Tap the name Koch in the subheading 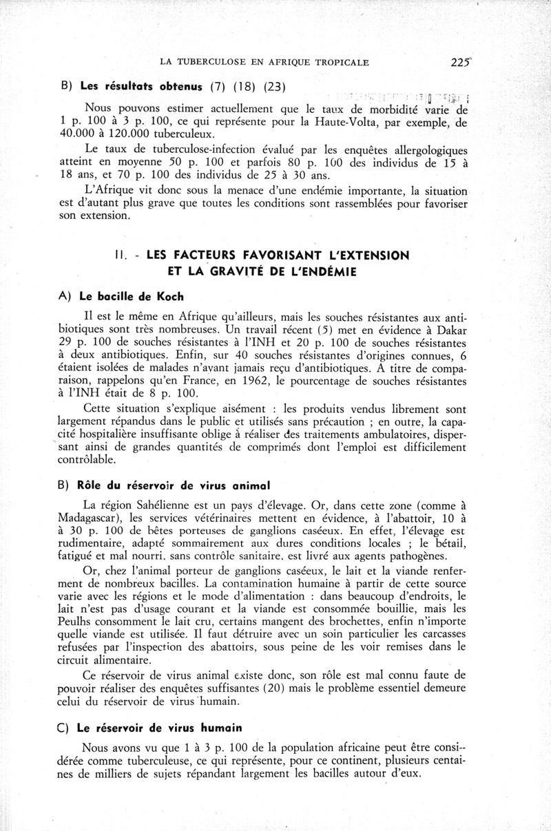pyautogui.click(x=169, y=297)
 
